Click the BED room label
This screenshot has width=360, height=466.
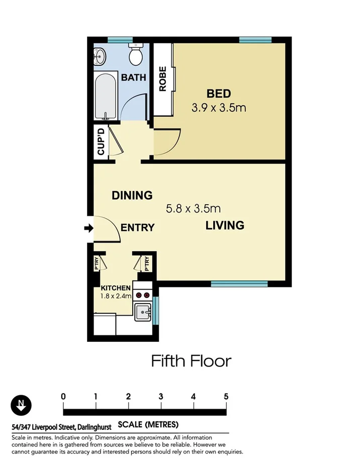tap(219, 94)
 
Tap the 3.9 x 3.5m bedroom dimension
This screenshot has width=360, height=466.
tap(219, 107)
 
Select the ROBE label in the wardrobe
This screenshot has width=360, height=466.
tap(162, 79)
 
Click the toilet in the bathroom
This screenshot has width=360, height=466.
tap(135, 54)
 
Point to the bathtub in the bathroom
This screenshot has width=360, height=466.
tap(106, 96)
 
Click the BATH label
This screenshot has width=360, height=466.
tap(134, 77)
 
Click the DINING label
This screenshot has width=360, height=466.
tap(132, 195)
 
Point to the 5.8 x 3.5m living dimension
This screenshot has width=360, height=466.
tap(194, 208)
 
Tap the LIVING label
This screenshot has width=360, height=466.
tap(225, 225)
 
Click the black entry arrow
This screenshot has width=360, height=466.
tap(88, 229)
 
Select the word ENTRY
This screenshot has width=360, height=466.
tap(137, 228)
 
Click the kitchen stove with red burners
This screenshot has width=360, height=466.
tap(143, 296)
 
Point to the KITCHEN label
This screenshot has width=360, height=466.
tap(116, 288)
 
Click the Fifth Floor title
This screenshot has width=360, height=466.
tap(191, 361)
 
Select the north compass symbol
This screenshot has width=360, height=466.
tap(21, 405)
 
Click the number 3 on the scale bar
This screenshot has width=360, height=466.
tap(161, 396)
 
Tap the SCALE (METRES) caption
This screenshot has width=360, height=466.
tap(148, 425)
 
